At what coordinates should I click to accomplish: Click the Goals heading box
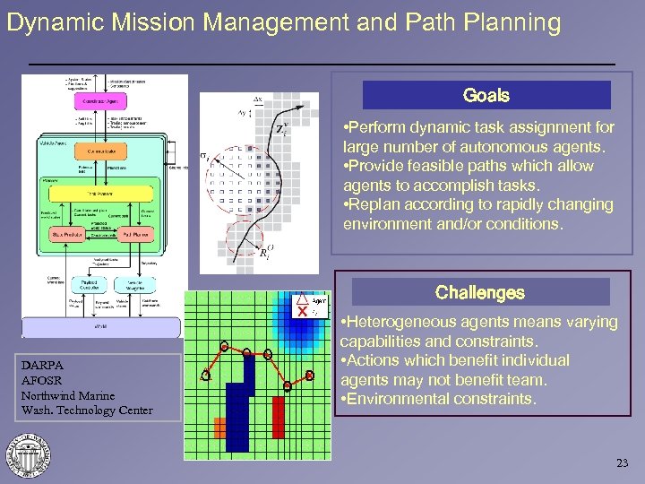click(486, 95)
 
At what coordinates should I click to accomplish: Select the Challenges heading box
click(480, 292)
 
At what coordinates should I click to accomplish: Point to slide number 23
click(623, 463)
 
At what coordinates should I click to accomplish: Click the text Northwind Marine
click(68, 395)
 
